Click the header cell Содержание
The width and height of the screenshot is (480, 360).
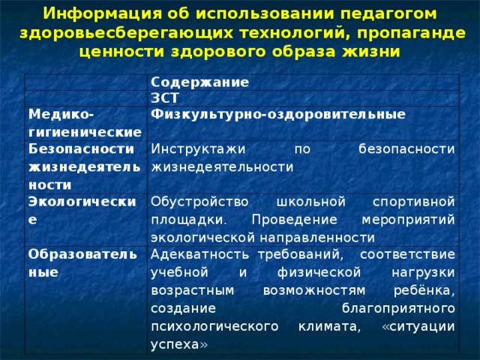[x=199, y=81]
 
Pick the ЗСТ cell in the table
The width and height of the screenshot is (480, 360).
[x=164, y=97]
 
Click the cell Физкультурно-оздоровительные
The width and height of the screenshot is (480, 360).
[x=278, y=115]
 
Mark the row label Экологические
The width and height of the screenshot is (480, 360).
[x=81, y=209]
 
